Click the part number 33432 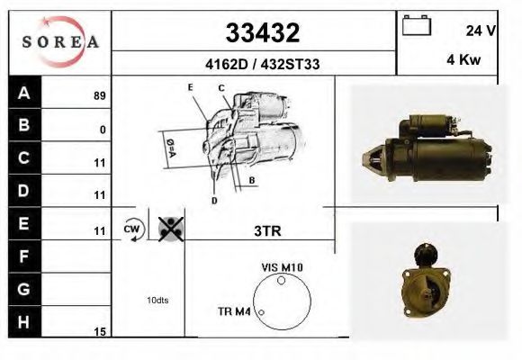(x=260, y=33)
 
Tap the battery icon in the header (x=416, y=26)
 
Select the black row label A (x=24, y=93)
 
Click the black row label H (x=24, y=321)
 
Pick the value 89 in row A (x=99, y=95)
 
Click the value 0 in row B (x=103, y=130)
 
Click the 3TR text (x=267, y=230)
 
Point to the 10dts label (x=157, y=300)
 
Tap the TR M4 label (x=236, y=312)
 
